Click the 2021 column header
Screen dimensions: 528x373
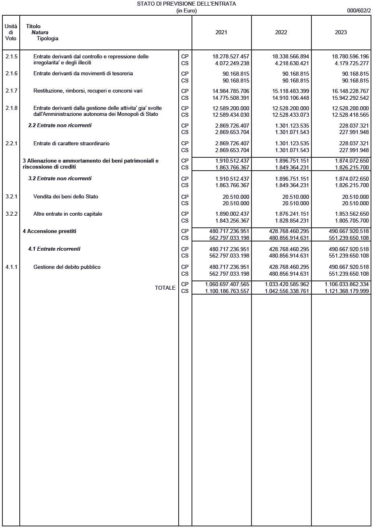coord(221,33)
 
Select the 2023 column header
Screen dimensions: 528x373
coord(340,33)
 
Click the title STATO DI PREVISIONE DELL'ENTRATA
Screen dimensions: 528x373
coord(186,4)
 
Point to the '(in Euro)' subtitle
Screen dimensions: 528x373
coord(186,11)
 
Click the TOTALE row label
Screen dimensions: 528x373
coord(165,288)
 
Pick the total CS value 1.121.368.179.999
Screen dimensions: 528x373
coord(346,291)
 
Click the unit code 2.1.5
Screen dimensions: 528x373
coord(11,56)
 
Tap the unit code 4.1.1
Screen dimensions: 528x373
coord(11,267)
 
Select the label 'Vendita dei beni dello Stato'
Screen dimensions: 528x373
coord(66,197)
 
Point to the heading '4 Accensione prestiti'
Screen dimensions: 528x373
coord(49,231)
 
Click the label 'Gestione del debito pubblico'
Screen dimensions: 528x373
coord(67,267)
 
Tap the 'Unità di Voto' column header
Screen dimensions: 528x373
coord(11,33)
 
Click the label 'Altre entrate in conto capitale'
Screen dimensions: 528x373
coord(68,214)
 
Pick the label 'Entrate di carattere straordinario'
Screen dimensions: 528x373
coord(71,144)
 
